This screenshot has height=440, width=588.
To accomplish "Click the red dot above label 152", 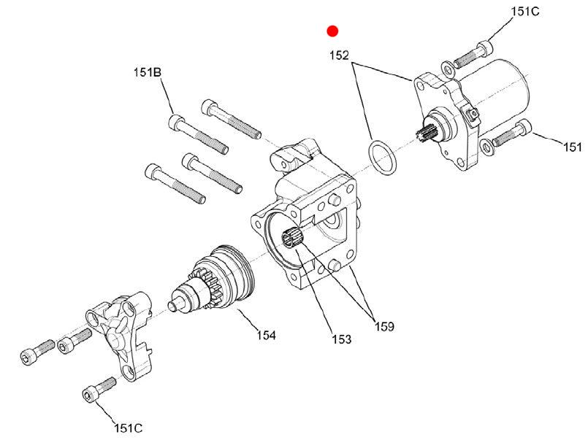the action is (332, 31).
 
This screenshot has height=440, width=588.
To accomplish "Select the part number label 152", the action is (339, 55).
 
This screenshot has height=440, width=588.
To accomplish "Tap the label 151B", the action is (148, 72).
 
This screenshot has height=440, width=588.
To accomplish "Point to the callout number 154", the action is (267, 335).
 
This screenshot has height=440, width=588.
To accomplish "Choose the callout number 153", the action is (342, 339).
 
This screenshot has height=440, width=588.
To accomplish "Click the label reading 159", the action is (384, 327).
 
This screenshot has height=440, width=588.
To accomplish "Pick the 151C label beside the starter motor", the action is (525, 12).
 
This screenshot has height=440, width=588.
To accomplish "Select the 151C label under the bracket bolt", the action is (129, 428).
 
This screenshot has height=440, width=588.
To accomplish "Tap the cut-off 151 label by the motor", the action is (573, 147).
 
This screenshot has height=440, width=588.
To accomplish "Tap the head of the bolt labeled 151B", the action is (176, 122).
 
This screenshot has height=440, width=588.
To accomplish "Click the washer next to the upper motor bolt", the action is (447, 68).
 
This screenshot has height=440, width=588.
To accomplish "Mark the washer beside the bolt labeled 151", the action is (487, 147).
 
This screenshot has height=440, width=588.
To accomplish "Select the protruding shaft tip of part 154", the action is (175, 304).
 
